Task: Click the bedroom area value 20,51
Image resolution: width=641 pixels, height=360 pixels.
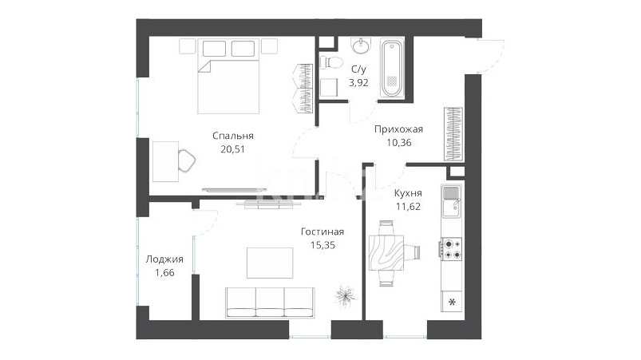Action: [x=232, y=149]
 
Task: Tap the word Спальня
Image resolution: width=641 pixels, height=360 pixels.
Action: [x=233, y=136]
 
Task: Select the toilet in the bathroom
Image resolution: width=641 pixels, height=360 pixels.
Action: [x=330, y=63]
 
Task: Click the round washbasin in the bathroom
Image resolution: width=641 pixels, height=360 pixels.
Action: [x=361, y=45]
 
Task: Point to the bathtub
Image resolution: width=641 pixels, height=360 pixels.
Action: [x=392, y=67]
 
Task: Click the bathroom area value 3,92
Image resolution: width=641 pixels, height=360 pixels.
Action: [x=358, y=83]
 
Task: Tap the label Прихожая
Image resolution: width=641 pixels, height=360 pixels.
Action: [x=398, y=129]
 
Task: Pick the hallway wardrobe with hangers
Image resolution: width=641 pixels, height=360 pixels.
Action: [x=453, y=134]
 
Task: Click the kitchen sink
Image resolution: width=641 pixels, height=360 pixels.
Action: [x=451, y=202]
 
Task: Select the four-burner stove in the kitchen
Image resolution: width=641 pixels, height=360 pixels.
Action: [x=451, y=248]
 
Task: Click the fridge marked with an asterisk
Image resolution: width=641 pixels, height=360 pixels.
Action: [x=452, y=302]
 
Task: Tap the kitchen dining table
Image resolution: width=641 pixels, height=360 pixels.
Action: [x=386, y=252]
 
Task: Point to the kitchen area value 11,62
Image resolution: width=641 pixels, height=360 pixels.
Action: [x=408, y=207]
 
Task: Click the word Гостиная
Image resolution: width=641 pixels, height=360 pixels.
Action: [x=322, y=231]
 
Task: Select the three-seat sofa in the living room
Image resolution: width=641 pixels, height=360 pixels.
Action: [x=270, y=303]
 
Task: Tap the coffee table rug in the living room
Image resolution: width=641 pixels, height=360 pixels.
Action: [x=270, y=263]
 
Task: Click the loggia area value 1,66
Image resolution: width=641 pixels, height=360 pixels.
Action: [x=164, y=272]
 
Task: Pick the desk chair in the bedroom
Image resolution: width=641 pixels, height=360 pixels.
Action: [x=187, y=160]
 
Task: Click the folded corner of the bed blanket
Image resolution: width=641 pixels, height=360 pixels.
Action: [x=204, y=66]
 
